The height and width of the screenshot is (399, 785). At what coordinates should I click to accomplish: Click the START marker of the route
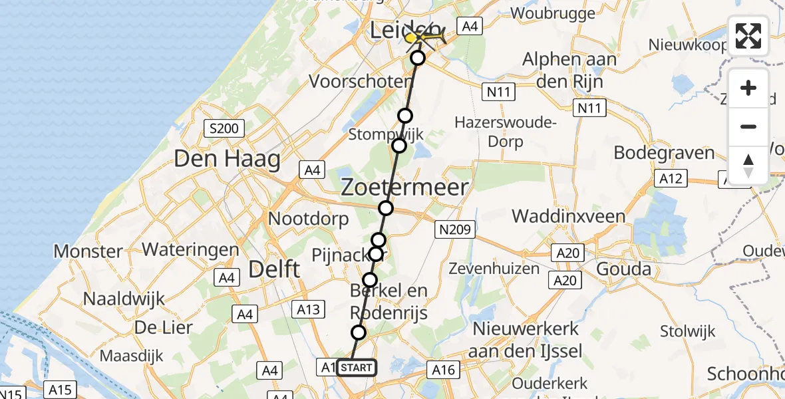click(357, 367)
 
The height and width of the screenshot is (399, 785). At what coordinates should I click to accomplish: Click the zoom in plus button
click(748, 88)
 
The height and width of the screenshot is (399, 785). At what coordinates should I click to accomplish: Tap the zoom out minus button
click(748, 126)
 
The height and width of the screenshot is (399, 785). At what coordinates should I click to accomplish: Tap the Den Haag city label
click(227, 159)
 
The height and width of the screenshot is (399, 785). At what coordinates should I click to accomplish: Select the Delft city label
click(274, 269)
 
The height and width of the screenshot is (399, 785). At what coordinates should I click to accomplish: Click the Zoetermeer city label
click(404, 188)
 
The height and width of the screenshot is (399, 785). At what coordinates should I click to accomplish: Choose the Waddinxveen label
click(568, 216)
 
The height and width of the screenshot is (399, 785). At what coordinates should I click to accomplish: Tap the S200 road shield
click(225, 128)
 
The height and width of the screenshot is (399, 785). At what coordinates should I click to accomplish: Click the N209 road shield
click(455, 230)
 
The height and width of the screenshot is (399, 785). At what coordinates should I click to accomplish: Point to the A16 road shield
click(442, 370)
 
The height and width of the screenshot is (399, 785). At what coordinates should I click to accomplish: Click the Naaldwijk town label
click(124, 299)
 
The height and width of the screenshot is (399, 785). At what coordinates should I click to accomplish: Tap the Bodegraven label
click(664, 152)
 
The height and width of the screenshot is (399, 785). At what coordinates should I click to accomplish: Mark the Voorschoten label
click(361, 82)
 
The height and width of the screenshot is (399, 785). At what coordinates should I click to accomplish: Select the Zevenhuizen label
click(494, 269)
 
